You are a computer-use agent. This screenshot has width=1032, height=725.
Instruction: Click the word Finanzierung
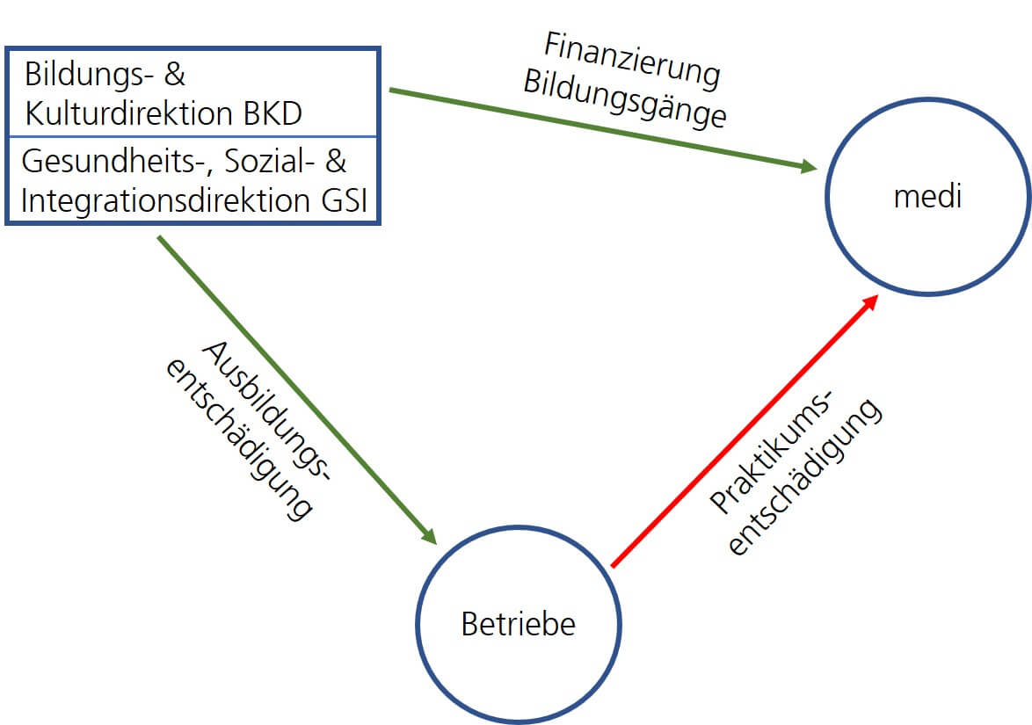[x=632, y=59]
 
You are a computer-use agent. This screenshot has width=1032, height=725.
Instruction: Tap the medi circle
[x=927, y=197]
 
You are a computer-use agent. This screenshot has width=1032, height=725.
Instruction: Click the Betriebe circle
[x=518, y=624]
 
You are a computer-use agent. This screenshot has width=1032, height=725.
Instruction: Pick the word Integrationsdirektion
[x=160, y=200]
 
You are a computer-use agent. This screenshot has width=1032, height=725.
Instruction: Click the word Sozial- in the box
[x=265, y=162]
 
